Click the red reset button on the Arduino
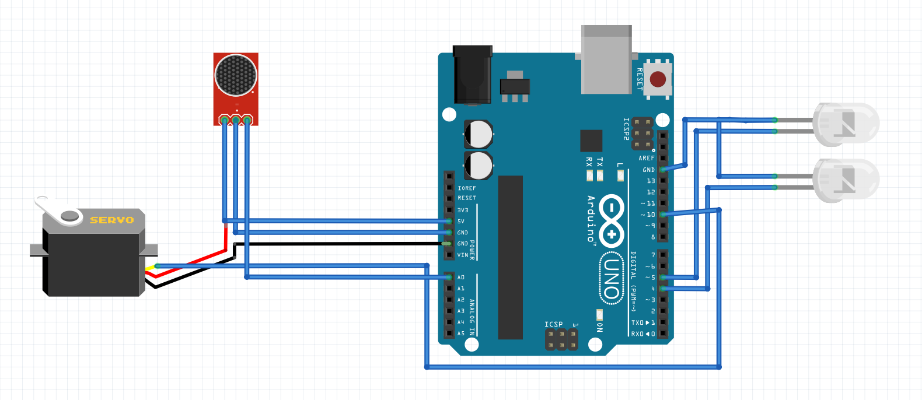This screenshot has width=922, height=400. pyautogui.click(x=658, y=79)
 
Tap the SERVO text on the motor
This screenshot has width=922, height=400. pyautogui.click(x=112, y=220)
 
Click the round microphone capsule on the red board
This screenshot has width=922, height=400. pyautogui.click(x=236, y=75)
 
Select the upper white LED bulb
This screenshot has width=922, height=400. pyautogui.click(x=846, y=124)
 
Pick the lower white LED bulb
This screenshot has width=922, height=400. pyautogui.click(x=846, y=180)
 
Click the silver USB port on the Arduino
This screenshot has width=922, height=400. pyautogui.click(x=607, y=59)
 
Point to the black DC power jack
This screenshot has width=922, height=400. pyautogui.click(x=472, y=76)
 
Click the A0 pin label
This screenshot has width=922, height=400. pyautogui.click(x=461, y=278)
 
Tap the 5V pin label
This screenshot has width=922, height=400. pyautogui.click(x=461, y=222)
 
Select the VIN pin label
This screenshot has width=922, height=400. pyautogui.click(x=463, y=255)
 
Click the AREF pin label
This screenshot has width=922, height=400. pyautogui.click(x=647, y=158)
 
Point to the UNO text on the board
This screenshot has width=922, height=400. pyautogui.click(x=611, y=279)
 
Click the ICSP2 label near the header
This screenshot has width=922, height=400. pyautogui.click(x=626, y=129)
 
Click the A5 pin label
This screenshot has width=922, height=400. pyautogui.click(x=461, y=334)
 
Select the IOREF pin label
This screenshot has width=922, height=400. pyautogui.click(x=467, y=188)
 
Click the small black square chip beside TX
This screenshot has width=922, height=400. pyautogui.click(x=591, y=141)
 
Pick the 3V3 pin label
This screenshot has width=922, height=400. pyautogui.click(x=463, y=210)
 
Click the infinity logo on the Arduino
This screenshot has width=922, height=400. pyautogui.click(x=612, y=220)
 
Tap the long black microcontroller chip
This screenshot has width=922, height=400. pyautogui.click(x=510, y=257)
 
